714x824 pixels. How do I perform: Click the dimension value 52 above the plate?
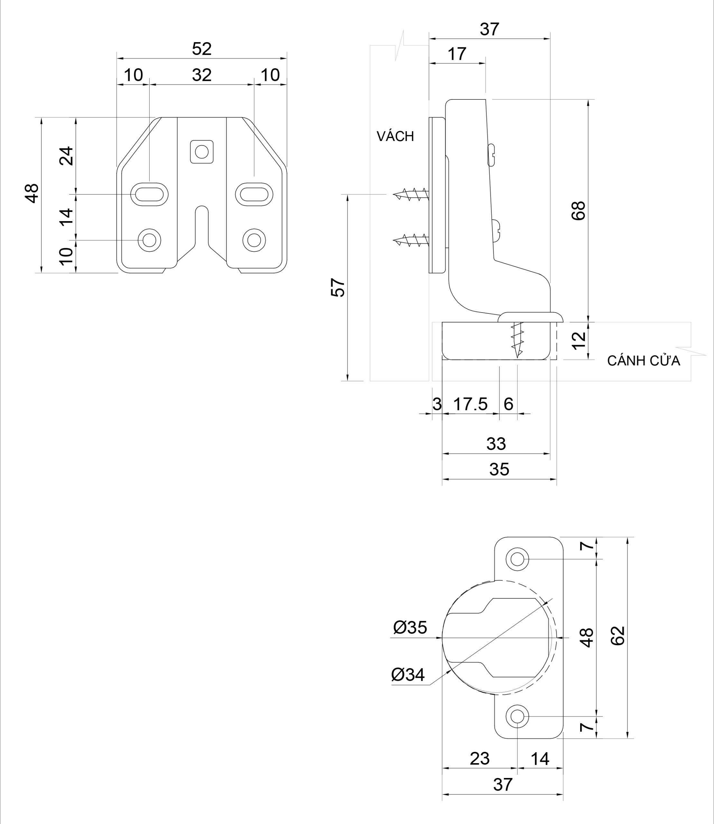pyautogui.click(x=202, y=49)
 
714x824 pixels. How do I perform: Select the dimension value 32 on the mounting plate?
pyautogui.click(x=202, y=75)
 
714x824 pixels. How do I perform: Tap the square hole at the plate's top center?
pyautogui.click(x=202, y=152)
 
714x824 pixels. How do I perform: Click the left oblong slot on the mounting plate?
pyautogui.click(x=149, y=194)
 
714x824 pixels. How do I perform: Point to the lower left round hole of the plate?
pyautogui.click(x=149, y=240)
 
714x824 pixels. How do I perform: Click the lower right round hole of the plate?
pyautogui.click(x=254, y=240)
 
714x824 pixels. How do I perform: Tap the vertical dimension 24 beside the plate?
pyautogui.click(x=67, y=156)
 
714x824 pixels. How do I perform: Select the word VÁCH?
pyautogui.click(x=395, y=136)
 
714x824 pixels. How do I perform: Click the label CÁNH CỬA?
pyautogui.click(x=644, y=361)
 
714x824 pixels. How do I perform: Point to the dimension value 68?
pyautogui.click(x=578, y=211)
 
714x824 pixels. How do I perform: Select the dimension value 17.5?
pyautogui.click(x=470, y=404)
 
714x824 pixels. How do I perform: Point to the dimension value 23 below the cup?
pyautogui.click(x=479, y=759)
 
